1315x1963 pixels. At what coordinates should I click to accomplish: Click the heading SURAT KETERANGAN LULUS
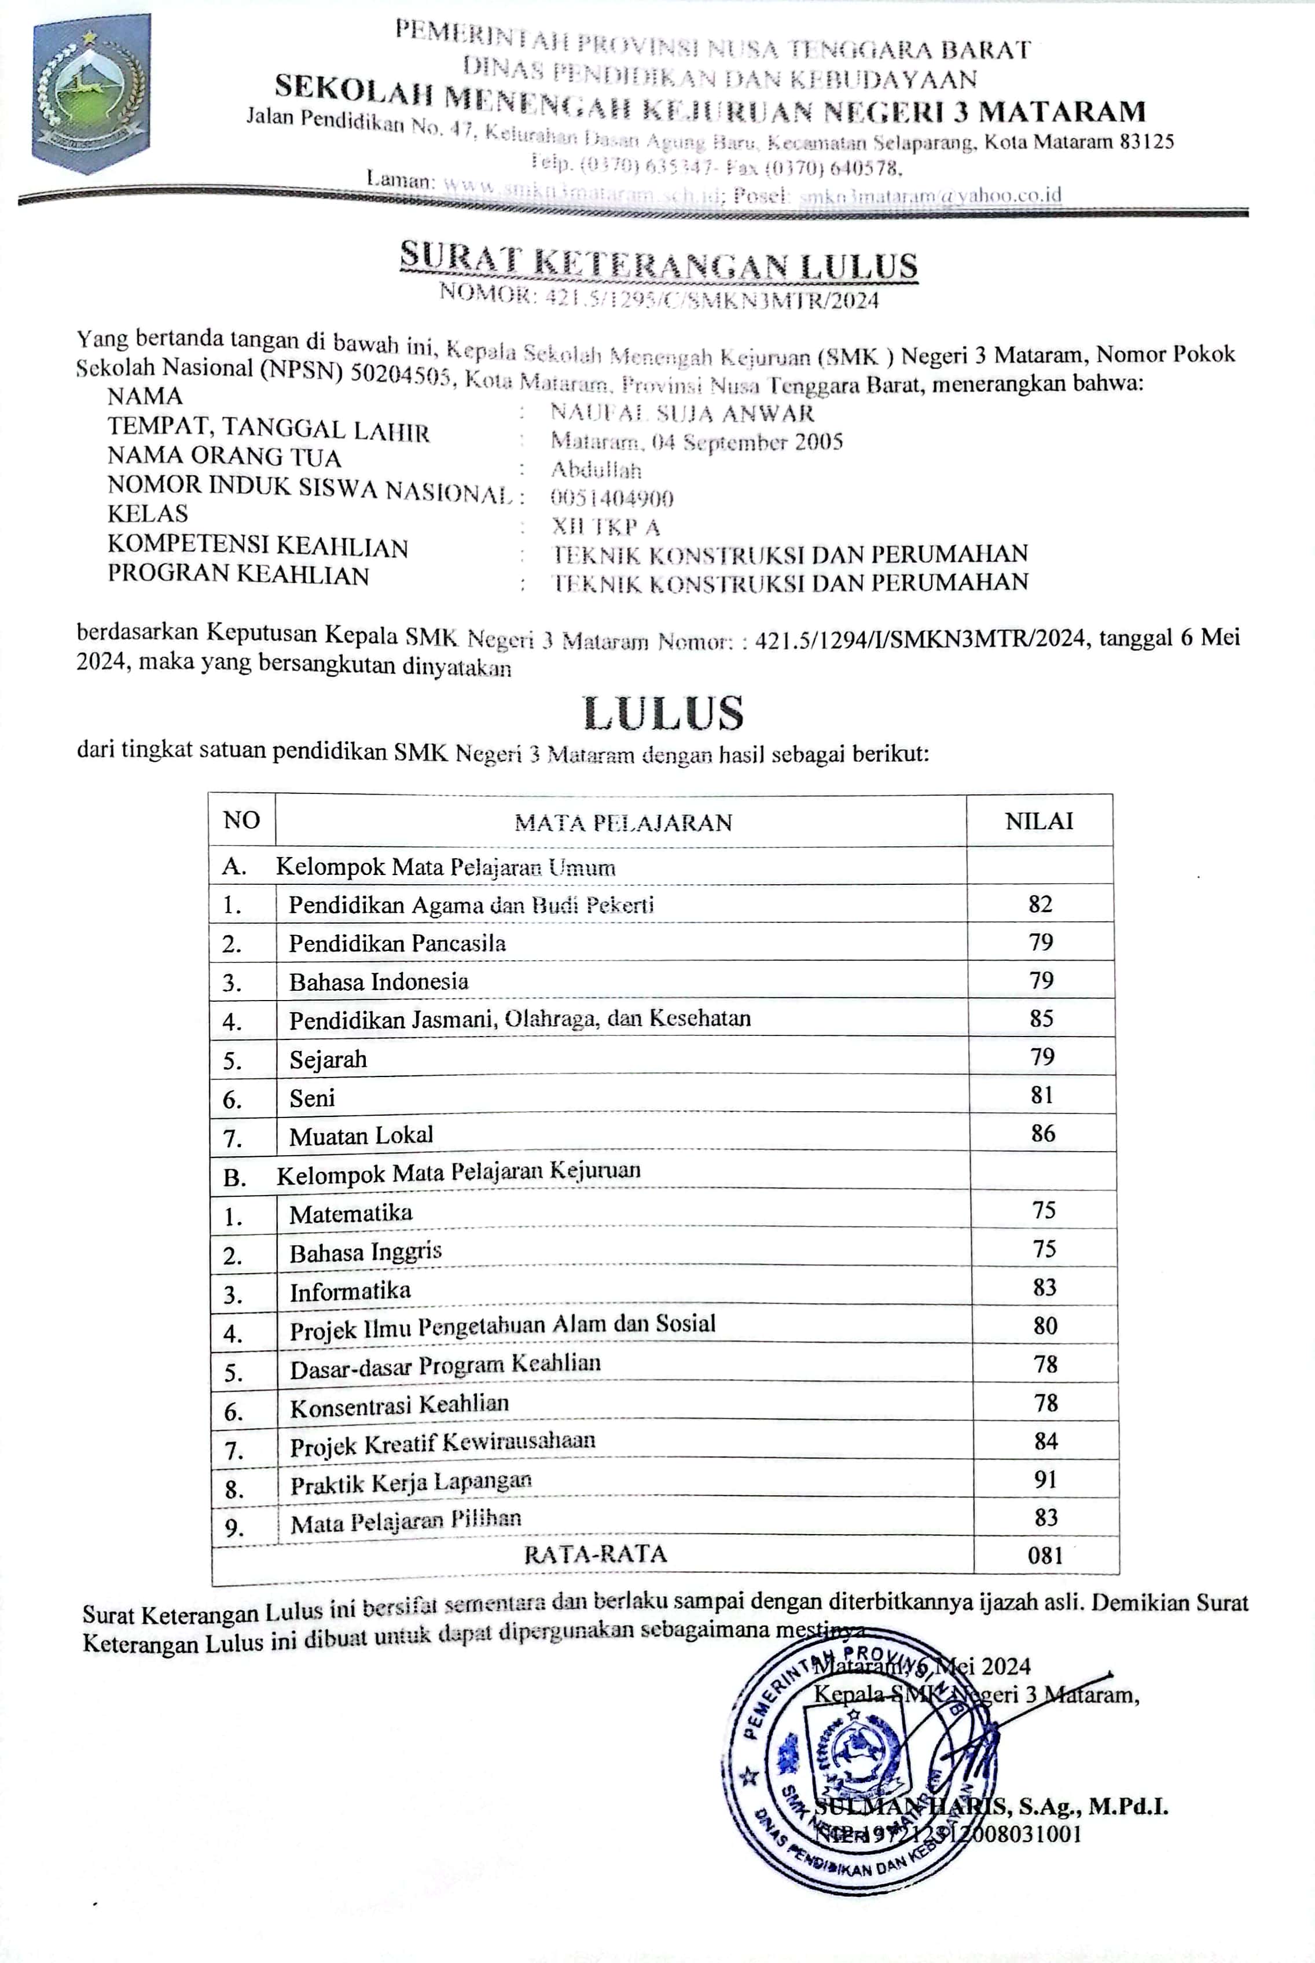tap(658, 262)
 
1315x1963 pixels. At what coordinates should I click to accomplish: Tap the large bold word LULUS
tap(663, 713)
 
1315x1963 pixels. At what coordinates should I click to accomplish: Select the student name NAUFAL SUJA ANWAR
tap(682, 413)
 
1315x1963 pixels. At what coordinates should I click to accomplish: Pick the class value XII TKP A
tap(605, 527)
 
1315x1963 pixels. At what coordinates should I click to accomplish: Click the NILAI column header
tap(1039, 821)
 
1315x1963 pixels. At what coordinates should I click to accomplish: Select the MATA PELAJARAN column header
tap(623, 822)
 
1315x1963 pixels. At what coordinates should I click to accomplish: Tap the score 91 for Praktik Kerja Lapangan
tap(1045, 1479)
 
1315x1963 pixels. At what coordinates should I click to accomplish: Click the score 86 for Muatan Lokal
tap(1042, 1134)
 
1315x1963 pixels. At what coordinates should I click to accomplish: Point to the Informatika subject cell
tap(351, 1291)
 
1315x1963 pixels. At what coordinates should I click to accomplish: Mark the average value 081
tap(1045, 1556)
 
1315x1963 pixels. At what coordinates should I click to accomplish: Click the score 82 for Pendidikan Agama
tap(1040, 904)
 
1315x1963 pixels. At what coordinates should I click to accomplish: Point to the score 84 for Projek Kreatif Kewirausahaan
tap(1045, 1440)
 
